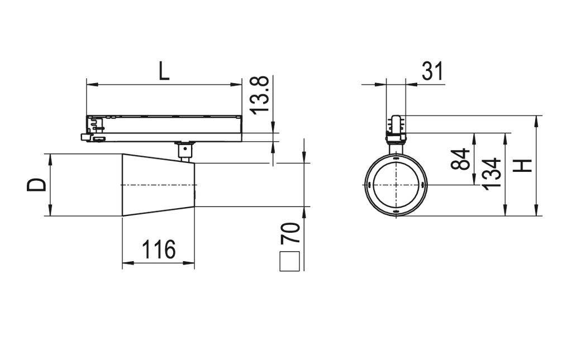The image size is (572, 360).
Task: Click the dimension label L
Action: (163, 71)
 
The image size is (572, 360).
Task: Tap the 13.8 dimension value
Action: (261, 95)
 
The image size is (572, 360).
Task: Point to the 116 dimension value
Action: (158, 249)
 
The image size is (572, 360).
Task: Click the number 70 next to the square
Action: (290, 233)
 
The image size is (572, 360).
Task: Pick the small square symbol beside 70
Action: (290, 261)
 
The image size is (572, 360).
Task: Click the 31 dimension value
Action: (432, 71)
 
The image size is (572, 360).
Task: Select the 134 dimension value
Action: (492, 174)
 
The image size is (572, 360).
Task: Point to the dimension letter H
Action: (523, 166)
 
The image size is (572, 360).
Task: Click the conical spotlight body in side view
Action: (159, 185)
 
